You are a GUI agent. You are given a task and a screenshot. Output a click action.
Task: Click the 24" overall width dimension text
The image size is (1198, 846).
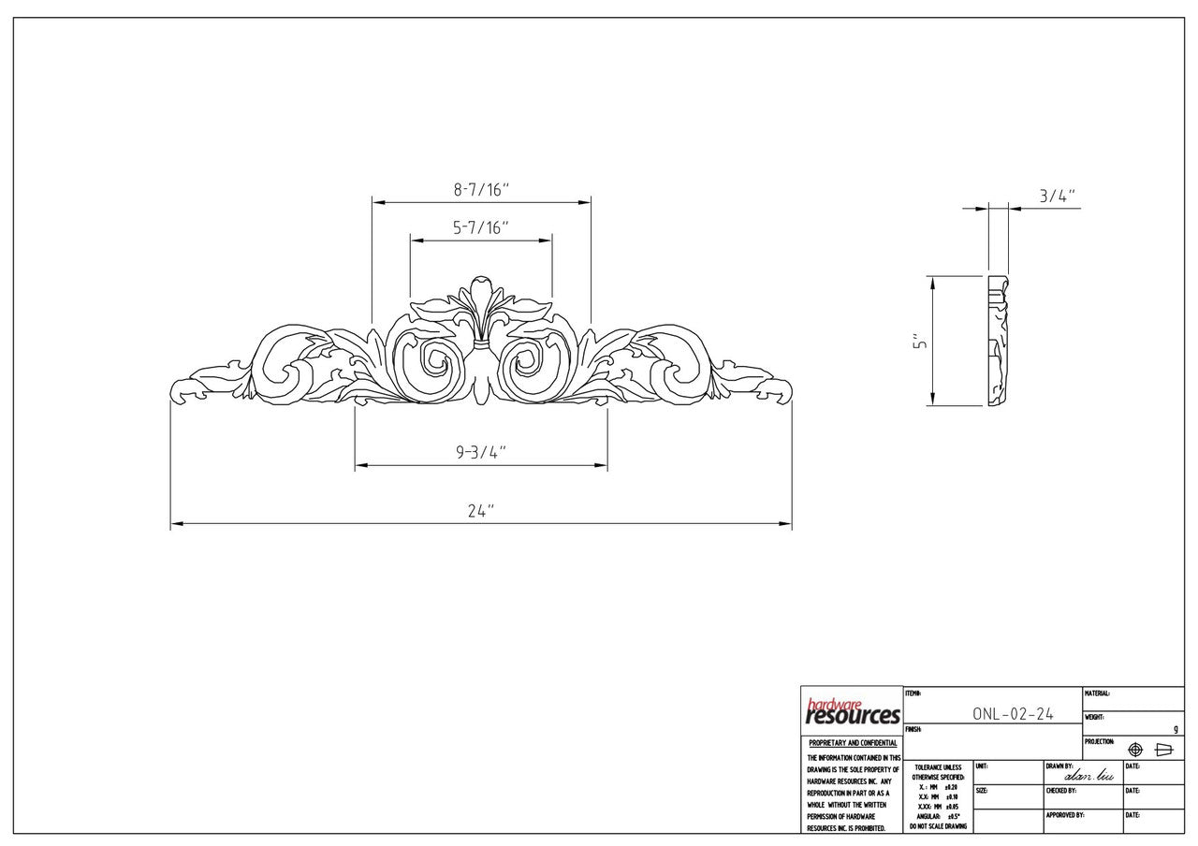click(481, 511)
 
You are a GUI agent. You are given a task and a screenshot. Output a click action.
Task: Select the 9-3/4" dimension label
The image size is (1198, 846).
click(481, 453)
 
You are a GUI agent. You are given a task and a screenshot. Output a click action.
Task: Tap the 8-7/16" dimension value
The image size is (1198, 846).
click(481, 190)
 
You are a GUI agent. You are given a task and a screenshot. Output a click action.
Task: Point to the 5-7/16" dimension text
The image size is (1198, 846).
click(481, 227)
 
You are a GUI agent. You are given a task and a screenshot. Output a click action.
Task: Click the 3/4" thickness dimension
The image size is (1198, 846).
click(1058, 197)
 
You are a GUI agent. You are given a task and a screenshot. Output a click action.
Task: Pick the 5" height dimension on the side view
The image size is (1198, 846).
click(921, 343)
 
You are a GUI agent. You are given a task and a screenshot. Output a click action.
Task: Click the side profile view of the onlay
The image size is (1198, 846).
click(999, 342)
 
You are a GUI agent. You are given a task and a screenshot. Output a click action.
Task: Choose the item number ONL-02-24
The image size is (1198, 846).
click(1013, 714)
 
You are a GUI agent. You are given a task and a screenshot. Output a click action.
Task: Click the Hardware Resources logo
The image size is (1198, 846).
click(853, 712)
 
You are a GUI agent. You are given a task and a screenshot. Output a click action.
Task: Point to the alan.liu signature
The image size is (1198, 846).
click(1083, 776)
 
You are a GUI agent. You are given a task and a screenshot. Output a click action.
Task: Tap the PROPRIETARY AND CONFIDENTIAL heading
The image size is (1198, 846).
click(853, 743)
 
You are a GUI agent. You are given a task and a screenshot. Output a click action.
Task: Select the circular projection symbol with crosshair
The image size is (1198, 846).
click(1135, 750)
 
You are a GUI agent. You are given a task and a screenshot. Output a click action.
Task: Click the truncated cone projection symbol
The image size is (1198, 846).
click(1164, 750)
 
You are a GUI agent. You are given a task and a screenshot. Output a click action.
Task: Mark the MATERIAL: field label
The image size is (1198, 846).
click(1097, 693)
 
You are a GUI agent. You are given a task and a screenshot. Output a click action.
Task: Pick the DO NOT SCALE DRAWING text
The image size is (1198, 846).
click(938, 826)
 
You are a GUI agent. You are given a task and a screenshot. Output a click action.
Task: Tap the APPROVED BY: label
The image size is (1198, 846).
click(1064, 815)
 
